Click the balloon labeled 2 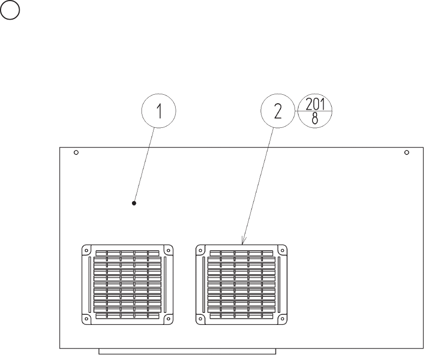(x=277, y=111)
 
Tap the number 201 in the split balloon (x=315, y=104)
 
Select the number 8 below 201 (x=315, y=119)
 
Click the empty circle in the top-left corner (x=11, y=12)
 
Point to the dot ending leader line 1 (x=134, y=203)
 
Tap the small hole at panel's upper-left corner (x=76, y=152)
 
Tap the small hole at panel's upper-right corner (x=407, y=152)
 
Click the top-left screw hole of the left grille (x=86, y=249)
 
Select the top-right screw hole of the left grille (x=169, y=249)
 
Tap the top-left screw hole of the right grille (x=200, y=249)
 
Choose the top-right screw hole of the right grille (x=282, y=249)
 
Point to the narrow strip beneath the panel (x=187, y=351)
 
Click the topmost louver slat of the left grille (x=127, y=253)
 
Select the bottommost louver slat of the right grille (x=241, y=316)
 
